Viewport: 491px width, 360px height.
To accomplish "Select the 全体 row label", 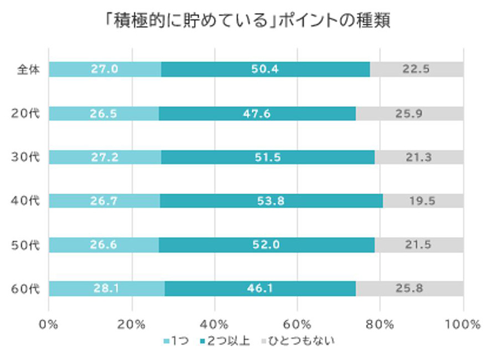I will coord(28,70).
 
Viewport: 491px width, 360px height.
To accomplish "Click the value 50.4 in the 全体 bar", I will coord(265,70).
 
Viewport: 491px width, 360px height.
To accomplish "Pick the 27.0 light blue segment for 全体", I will coord(104,70).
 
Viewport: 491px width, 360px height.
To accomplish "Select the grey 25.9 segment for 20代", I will coord(410,114).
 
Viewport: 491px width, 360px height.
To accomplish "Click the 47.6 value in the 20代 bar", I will coord(257,114).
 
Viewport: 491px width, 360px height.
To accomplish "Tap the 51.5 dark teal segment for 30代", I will coord(268,157).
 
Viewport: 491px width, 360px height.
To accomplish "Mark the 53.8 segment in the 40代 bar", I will coord(271,201).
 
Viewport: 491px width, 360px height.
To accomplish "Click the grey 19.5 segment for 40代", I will coord(423,201).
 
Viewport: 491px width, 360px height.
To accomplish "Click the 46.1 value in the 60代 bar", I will coord(260,289).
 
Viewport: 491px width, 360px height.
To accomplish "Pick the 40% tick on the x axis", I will coord(214,324).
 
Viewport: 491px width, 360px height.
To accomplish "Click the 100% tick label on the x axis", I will coord(462,324).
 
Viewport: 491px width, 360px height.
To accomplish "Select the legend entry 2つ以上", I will coord(224,341).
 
